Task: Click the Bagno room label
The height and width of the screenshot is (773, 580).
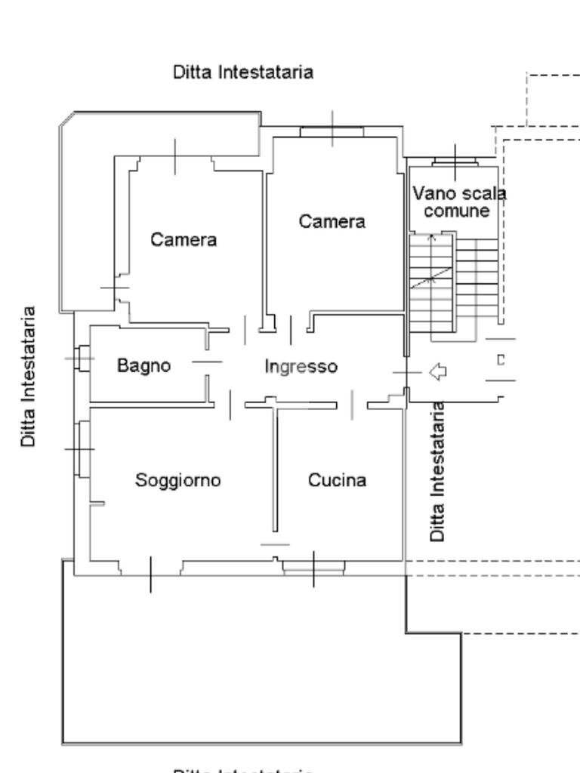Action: pos(143,365)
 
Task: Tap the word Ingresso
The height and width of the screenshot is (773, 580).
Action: pos(301,366)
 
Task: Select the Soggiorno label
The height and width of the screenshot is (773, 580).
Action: pos(177,480)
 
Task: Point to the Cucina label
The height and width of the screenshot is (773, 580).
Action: pos(337,480)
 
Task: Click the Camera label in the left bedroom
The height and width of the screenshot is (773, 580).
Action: pos(184,240)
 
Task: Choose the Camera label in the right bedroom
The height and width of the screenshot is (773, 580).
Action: pos(332,222)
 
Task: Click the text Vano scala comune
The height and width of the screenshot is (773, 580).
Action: pos(458,202)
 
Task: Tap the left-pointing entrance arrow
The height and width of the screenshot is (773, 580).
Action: pos(437,371)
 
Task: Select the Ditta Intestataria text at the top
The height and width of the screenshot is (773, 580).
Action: pos(243,72)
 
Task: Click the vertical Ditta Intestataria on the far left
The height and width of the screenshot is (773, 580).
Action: pos(29,376)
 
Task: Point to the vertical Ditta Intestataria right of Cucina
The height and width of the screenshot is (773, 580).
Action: pos(437,471)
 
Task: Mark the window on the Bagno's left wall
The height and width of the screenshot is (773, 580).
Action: pos(82,358)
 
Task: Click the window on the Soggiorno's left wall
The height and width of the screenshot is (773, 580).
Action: pos(82,449)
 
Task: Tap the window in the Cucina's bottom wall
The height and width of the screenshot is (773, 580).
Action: pos(313,567)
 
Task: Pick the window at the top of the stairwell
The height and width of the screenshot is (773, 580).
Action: pos(455,161)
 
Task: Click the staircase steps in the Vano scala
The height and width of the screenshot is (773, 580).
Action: pos(453,283)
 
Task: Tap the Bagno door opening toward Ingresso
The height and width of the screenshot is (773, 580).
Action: pos(208,362)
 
